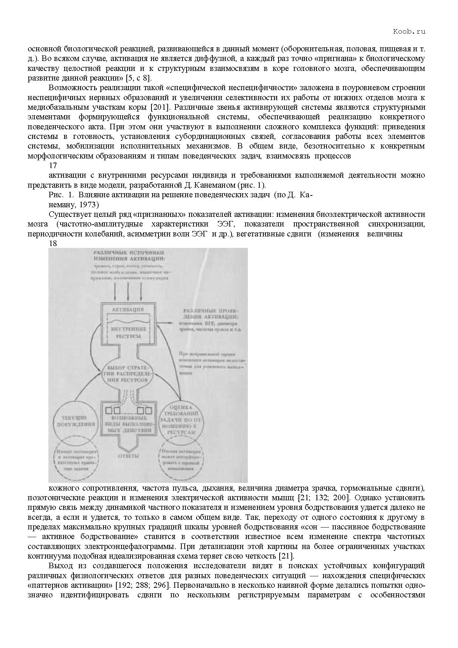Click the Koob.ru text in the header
409,31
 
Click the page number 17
53,166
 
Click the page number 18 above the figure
53,243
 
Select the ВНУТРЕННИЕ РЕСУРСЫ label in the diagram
128,332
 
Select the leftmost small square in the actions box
109,410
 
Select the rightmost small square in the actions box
148,410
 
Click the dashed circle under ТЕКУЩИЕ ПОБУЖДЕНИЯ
76,458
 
